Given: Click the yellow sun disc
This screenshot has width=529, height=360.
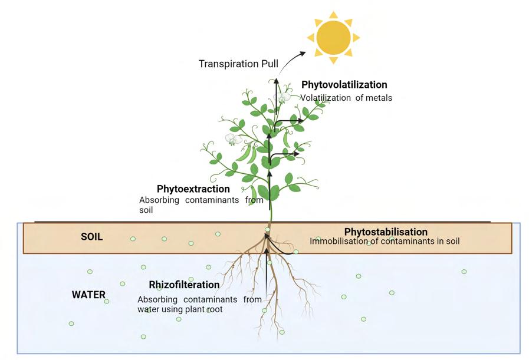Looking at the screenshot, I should pyautogui.click(x=333, y=37).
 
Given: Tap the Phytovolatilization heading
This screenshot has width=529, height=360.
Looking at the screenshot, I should pyautogui.click(x=344, y=85).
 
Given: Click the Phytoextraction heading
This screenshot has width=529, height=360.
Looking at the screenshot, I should pyautogui.click(x=193, y=189).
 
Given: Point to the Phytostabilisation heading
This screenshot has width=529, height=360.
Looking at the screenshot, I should pyautogui.click(x=386, y=232).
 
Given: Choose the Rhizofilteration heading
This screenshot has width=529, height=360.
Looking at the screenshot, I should pyautogui.click(x=184, y=285).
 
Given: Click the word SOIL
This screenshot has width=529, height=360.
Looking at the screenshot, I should pyautogui.click(x=91, y=237).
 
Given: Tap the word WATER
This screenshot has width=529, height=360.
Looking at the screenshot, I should pyautogui.click(x=88, y=295).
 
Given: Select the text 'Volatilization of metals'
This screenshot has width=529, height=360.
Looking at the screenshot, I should pyautogui.click(x=346, y=98).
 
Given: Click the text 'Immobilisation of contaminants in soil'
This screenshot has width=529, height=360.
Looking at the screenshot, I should pyautogui.click(x=385, y=241).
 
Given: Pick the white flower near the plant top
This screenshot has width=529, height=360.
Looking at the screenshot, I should pyautogui.click(x=284, y=97).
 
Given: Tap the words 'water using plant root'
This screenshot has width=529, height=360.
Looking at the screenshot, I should pyautogui.click(x=180, y=309).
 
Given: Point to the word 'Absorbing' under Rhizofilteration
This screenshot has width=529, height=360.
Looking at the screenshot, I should pyautogui.click(x=154, y=299).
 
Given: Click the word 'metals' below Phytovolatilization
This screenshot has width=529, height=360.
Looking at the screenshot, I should pyautogui.click(x=379, y=98).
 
